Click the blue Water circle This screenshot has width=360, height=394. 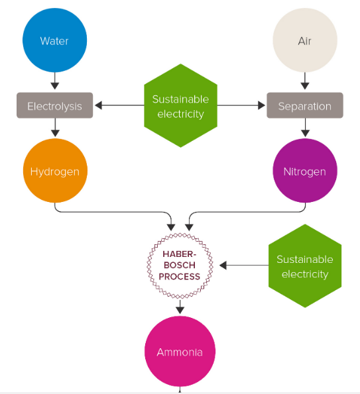pos(54,40)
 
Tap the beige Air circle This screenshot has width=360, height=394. pos(305,40)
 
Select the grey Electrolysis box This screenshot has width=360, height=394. pos(54,105)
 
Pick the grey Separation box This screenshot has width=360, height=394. pos(305,105)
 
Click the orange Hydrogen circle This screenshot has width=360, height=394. pos(55,171)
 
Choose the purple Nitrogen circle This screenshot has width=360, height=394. pos(305,171)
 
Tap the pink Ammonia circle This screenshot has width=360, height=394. pos(180,351)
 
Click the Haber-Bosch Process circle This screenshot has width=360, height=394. pos(180,266)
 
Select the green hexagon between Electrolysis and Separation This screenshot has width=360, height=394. pos(180,105)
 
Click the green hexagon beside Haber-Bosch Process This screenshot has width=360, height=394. pos(305,266)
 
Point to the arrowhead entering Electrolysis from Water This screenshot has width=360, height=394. pos(54,85)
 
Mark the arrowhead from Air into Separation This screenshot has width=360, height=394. pos(305,85)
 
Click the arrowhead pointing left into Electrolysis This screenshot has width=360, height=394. pos(98,105)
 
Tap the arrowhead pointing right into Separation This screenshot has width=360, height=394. pos(262,105)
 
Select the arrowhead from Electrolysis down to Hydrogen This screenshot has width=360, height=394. pos(55,133)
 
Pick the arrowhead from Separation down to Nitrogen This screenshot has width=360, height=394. pos(305,133)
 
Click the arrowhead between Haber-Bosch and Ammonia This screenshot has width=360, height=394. pos(180,310)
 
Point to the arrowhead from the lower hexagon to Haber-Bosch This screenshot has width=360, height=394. pos(223,266)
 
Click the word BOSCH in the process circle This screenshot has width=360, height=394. pos(180,265)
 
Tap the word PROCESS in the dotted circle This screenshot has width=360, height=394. pos(180,276)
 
